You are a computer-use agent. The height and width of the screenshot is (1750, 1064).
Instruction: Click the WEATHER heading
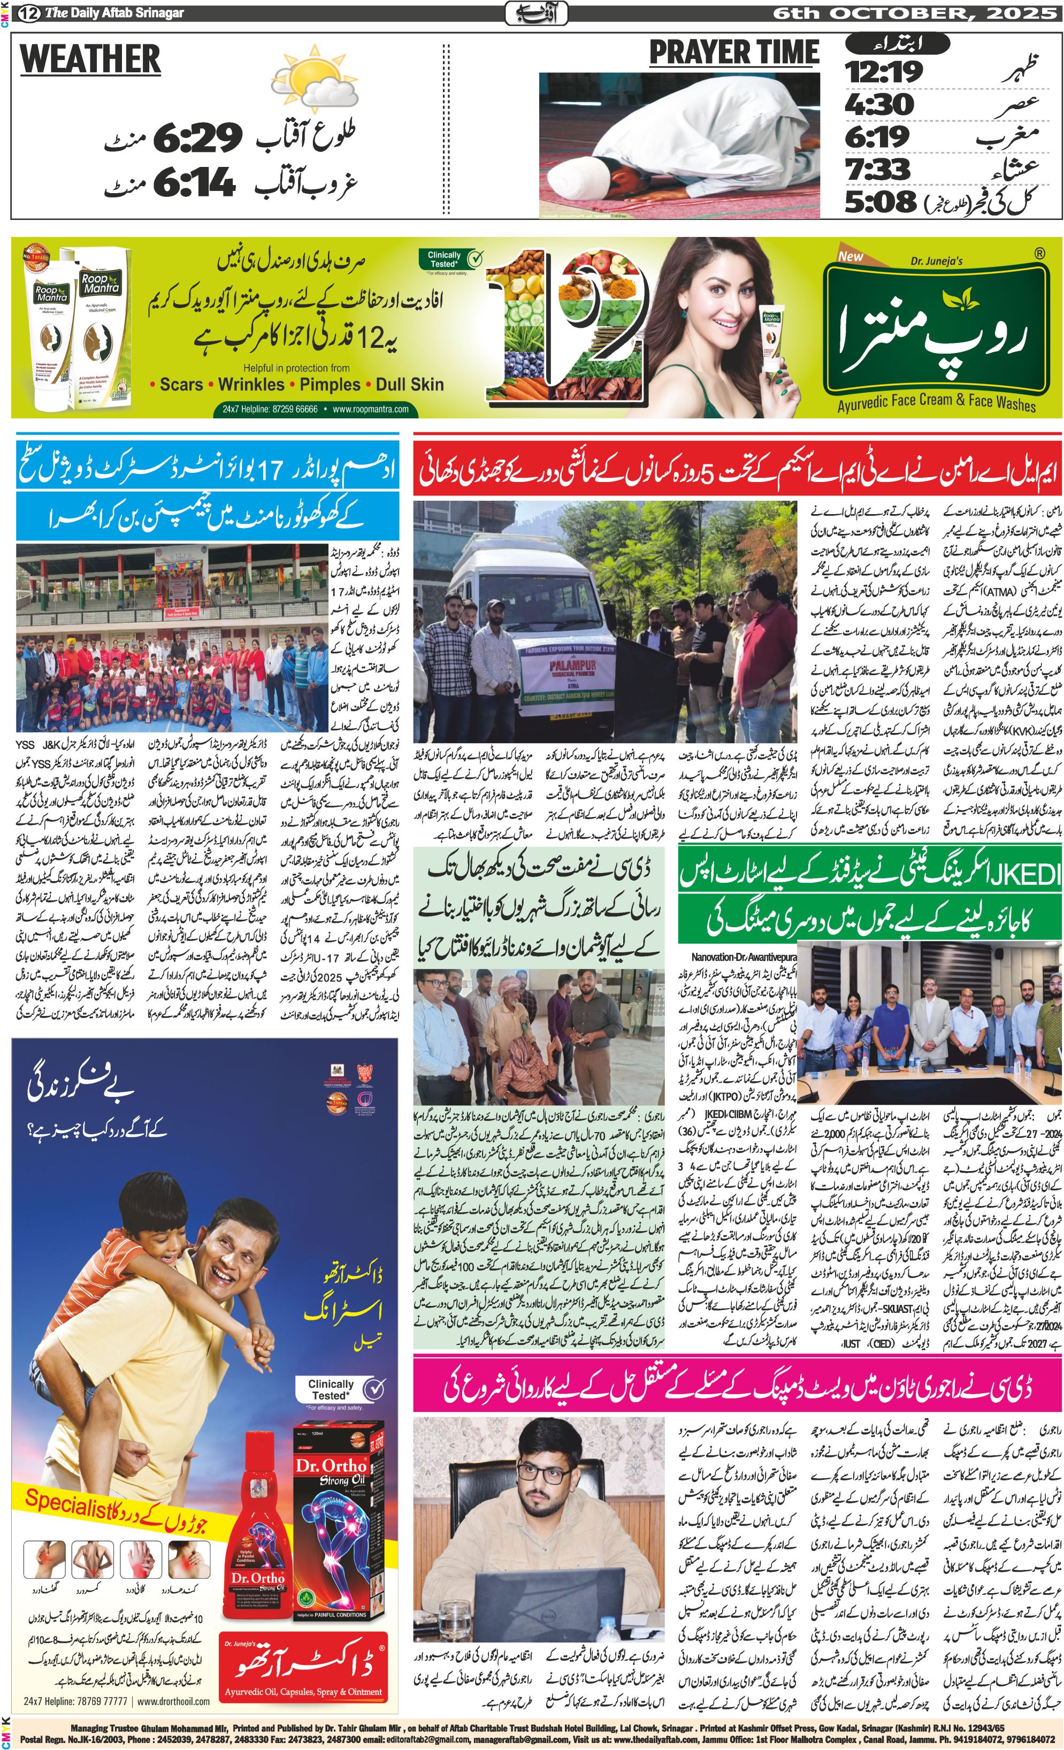click(x=90, y=59)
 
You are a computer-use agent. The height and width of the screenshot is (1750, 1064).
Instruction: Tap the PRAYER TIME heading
click(x=734, y=54)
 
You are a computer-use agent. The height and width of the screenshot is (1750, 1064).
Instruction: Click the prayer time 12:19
click(x=884, y=72)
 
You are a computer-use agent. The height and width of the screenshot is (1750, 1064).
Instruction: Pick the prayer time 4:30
click(x=878, y=104)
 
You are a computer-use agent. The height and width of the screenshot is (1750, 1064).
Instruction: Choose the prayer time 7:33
click(x=877, y=169)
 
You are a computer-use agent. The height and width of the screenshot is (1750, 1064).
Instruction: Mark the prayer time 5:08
click(x=880, y=202)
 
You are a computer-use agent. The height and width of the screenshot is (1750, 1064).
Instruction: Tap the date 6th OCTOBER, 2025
click(x=915, y=13)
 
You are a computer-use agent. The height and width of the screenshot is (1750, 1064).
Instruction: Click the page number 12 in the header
click(x=29, y=13)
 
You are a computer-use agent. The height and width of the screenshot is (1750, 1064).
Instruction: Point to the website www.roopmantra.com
click(x=370, y=409)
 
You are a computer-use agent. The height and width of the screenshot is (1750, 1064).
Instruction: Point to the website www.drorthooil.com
click(x=173, y=1701)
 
